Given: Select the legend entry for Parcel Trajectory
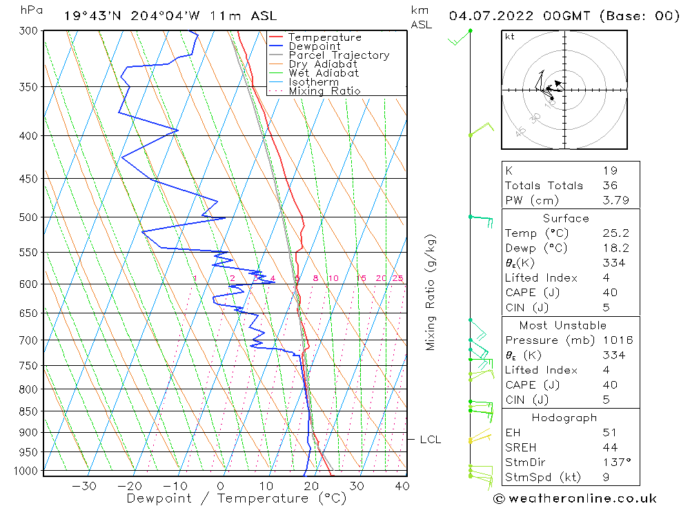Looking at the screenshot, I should click(339, 55).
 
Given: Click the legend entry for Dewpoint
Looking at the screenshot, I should click(315, 46).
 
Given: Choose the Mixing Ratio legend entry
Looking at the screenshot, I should click(324, 91).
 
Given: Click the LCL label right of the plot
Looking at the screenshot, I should click(430, 440).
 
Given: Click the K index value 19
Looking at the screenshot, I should click(609, 171).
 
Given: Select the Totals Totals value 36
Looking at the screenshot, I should click(609, 186).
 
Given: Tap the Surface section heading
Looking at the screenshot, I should click(566, 219).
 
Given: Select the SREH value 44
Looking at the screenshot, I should click(609, 448).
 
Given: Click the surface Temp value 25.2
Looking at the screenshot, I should click(615, 234).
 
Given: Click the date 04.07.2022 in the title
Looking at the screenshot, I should click(495, 15).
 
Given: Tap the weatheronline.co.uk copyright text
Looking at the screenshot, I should click(575, 498).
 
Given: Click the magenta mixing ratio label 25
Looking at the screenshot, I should click(397, 279).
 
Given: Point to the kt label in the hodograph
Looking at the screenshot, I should click(510, 37).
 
